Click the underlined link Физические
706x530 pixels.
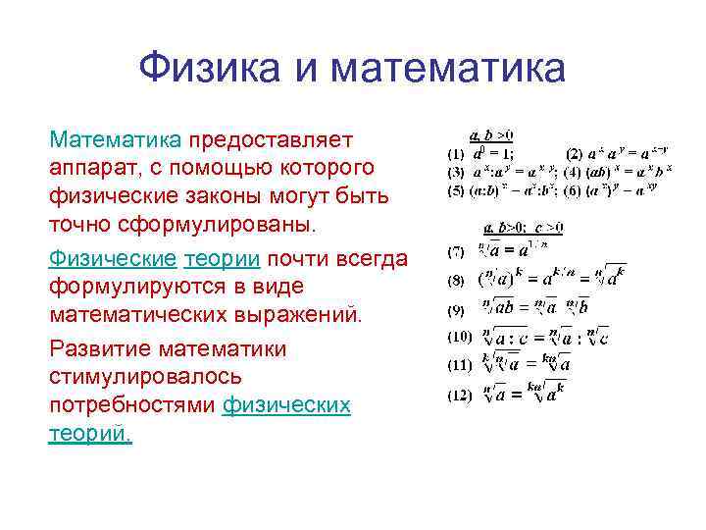112,257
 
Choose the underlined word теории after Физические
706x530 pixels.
222,257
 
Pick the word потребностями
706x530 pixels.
132,406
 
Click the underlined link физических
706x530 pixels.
286,406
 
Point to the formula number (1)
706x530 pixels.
456,154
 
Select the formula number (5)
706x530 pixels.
456,190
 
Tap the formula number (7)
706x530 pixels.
456,252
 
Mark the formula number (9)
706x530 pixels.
456,310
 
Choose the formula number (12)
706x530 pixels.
459,396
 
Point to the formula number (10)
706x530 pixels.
459,336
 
